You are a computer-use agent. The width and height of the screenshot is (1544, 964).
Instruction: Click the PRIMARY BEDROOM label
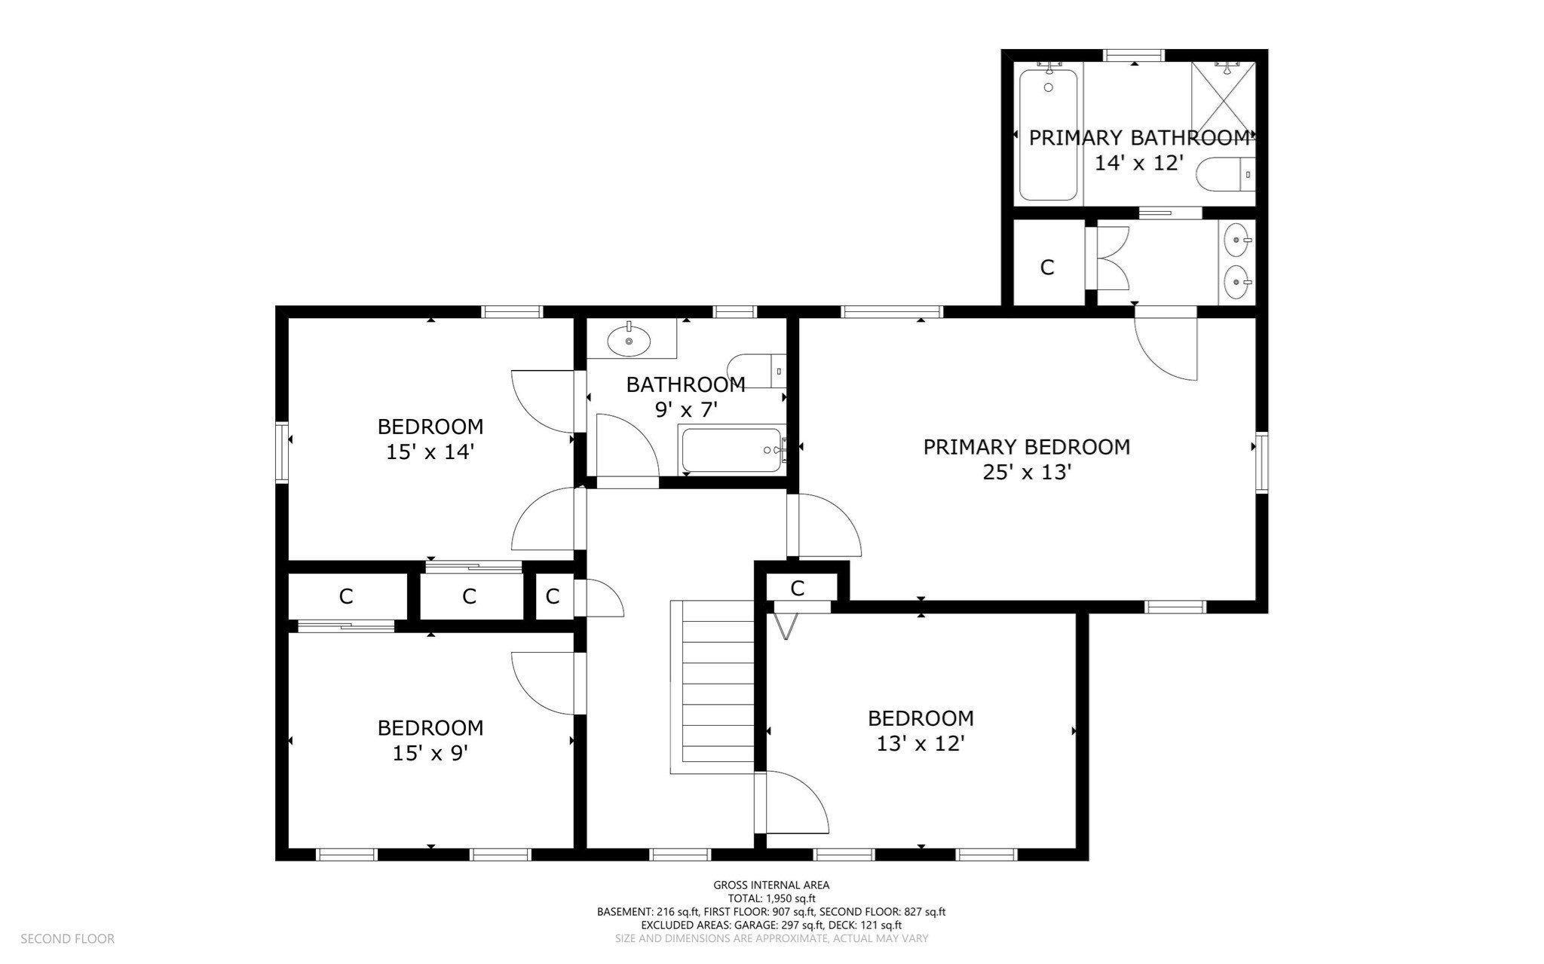1026,447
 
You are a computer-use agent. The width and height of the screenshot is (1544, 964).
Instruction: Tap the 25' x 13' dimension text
1026,473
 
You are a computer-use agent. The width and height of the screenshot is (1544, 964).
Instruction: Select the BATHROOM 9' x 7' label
685,397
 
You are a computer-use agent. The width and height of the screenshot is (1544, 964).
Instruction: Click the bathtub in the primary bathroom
1048,135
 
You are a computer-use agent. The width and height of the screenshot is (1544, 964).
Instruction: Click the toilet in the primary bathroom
1224,174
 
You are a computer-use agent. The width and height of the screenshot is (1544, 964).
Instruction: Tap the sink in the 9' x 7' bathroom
629,341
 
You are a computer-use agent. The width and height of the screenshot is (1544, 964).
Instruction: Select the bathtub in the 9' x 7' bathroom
731,450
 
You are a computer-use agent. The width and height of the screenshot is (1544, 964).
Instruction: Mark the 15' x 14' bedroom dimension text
430,452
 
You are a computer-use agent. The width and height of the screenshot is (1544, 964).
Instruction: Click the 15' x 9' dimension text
430,753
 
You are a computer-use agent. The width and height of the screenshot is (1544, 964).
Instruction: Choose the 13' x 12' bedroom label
921,731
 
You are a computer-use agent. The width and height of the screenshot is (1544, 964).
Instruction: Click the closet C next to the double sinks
1046,267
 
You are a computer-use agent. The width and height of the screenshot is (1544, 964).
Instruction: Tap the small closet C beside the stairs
798,588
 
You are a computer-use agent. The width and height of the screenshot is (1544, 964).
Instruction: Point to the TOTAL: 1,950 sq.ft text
771,898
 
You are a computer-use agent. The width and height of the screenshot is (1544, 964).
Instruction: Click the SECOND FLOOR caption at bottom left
67,938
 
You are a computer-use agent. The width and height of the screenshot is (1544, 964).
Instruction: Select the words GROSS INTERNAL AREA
771,885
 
